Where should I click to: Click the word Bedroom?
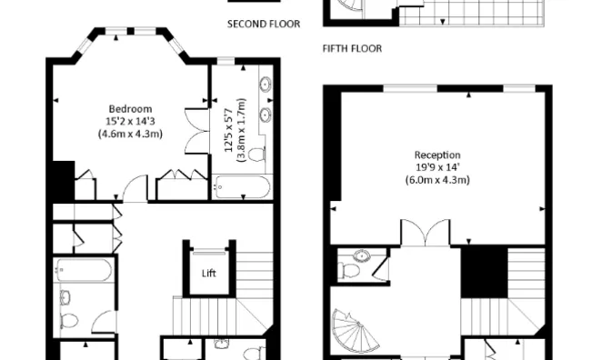(x=130, y=109)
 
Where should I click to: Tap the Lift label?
(x=209, y=274)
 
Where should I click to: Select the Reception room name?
(x=437, y=155)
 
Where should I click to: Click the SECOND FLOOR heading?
(x=264, y=24)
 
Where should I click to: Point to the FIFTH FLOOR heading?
(x=352, y=49)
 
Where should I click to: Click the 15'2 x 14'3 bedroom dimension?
(x=130, y=122)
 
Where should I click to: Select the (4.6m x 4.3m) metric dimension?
(x=130, y=135)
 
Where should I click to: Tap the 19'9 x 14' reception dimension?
(x=437, y=167)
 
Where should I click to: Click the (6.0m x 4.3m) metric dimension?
(x=437, y=180)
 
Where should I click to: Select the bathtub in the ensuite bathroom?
(x=242, y=186)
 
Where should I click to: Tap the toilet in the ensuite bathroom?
(x=256, y=155)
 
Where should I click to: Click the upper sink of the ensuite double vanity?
(x=265, y=84)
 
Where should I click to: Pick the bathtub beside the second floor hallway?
(x=84, y=269)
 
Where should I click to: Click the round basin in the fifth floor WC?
(x=360, y=255)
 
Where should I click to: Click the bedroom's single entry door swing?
(x=135, y=188)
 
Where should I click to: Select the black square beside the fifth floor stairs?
(x=484, y=272)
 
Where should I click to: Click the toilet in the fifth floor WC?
(x=349, y=270)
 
